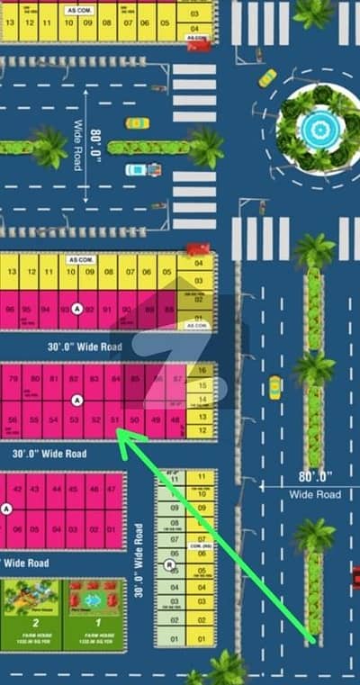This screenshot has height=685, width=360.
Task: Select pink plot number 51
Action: point(114,419)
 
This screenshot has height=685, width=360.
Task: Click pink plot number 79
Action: point(13,379)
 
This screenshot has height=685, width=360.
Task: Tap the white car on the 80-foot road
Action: point(139,168)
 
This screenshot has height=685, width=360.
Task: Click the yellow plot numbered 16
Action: point(202,371)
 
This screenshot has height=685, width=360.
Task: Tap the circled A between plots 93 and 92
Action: point(76,307)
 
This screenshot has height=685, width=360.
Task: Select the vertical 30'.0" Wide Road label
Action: point(139,561)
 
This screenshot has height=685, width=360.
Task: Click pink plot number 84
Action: point(115,379)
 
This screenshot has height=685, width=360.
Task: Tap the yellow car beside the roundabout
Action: point(267,77)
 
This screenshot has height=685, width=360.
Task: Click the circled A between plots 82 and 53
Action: point(78,399)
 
